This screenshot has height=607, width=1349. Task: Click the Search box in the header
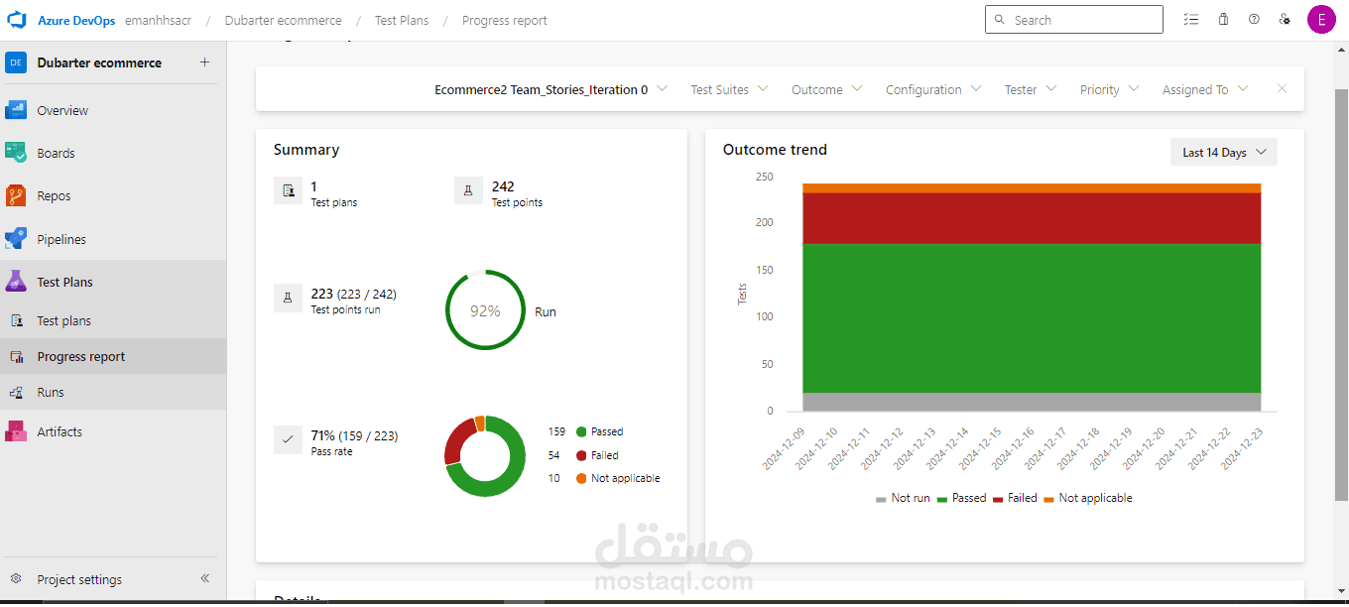[1073, 20]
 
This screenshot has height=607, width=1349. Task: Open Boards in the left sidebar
[56, 154]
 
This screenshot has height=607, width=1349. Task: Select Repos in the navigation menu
[54, 196]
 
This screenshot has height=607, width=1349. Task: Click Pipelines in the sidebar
[61, 239]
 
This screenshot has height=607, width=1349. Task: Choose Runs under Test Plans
[50, 393]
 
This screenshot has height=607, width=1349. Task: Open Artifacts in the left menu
[60, 432]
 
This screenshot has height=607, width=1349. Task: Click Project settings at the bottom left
[79, 580]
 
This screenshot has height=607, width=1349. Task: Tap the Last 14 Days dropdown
[1223, 153]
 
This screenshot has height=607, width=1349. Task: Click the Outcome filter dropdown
[826, 90]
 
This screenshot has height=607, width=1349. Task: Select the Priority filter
[1109, 90]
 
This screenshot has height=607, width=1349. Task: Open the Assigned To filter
[1204, 90]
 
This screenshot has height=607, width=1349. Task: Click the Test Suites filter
[729, 90]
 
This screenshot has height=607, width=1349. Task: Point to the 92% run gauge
[485, 310]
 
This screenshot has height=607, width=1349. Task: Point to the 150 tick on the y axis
[763, 270]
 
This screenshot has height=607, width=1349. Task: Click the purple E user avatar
[1320, 20]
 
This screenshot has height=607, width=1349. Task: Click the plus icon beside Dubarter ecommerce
[204, 62]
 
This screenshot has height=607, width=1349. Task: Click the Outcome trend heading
[775, 150]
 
